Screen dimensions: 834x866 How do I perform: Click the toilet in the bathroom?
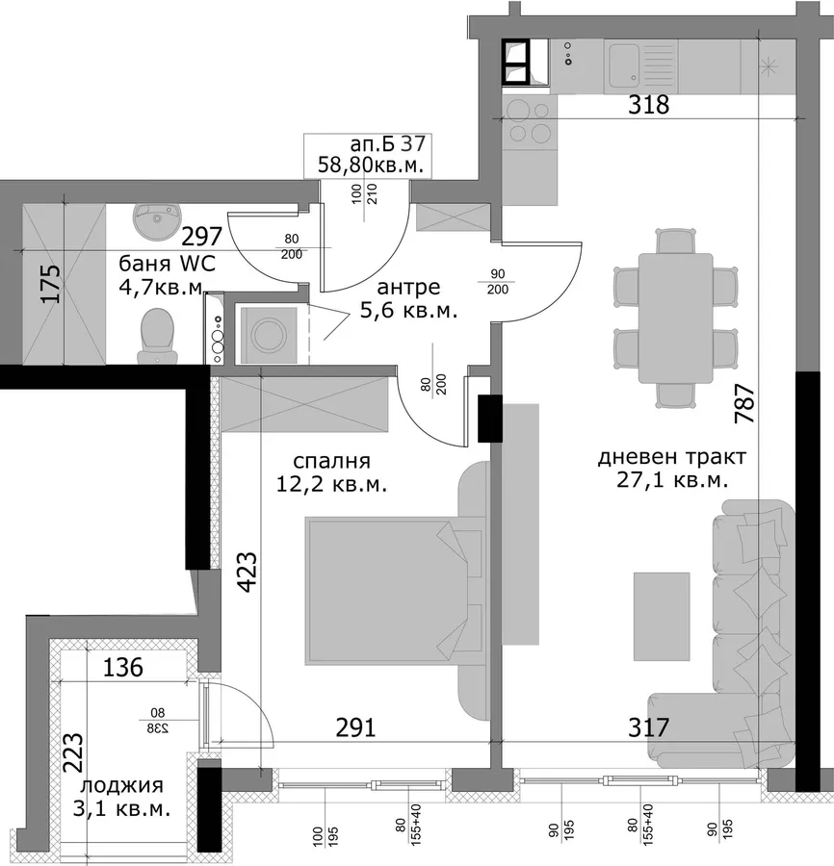pyautogui.click(x=158, y=337)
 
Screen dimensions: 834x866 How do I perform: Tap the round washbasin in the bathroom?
pyautogui.click(x=158, y=221)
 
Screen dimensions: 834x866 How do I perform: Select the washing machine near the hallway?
pyautogui.click(x=269, y=335)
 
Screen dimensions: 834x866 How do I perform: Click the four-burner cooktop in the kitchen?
pyautogui.click(x=530, y=121)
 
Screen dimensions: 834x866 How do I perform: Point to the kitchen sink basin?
pyautogui.click(x=624, y=67)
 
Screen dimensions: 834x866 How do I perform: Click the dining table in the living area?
pyautogui.click(x=675, y=318)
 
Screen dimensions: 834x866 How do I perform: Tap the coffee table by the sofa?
pyautogui.click(x=662, y=617)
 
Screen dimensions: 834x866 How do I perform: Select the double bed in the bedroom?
pyautogui.click(x=393, y=591)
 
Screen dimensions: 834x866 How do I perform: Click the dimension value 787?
pyautogui.click(x=743, y=404)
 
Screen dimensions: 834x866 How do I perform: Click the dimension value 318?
pyautogui.click(x=648, y=104)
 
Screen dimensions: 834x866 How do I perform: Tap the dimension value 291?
pyautogui.click(x=356, y=727)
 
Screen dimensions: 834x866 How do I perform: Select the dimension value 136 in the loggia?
pyautogui.click(x=123, y=667)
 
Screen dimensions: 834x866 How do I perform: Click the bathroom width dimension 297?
pyautogui.click(x=201, y=237)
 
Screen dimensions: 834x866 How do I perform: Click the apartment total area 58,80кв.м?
pyautogui.click(x=371, y=165)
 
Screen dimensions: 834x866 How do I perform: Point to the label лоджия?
pyautogui.click(x=121, y=785)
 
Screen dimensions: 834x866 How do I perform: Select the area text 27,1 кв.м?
pyautogui.click(x=672, y=480)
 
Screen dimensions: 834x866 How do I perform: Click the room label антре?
pyautogui.click(x=408, y=287)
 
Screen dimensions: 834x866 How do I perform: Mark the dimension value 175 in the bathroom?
pyautogui.click(x=51, y=284)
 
